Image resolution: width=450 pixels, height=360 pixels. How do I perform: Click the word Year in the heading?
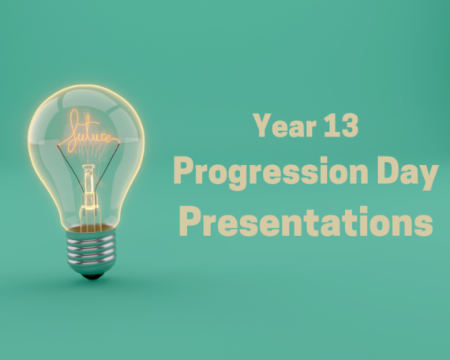[x=285, y=126]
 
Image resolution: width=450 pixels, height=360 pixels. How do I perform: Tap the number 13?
[x=341, y=126]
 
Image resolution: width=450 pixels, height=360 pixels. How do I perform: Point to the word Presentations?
[x=306, y=221]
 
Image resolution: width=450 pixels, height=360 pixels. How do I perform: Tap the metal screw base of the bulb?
[x=92, y=249]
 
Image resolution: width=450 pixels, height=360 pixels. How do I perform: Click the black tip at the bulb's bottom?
[x=92, y=276]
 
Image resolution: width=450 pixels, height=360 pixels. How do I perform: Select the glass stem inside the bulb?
[x=88, y=189]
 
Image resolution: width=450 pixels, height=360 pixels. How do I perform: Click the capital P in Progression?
[x=184, y=171]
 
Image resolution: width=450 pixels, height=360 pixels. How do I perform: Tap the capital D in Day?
[x=388, y=171]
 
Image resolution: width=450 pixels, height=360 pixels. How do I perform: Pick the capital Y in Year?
[x=263, y=126]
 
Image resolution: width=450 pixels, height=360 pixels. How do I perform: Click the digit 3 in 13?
[x=349, y=126]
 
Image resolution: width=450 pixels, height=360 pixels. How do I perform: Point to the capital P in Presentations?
[x=189, y=221]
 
